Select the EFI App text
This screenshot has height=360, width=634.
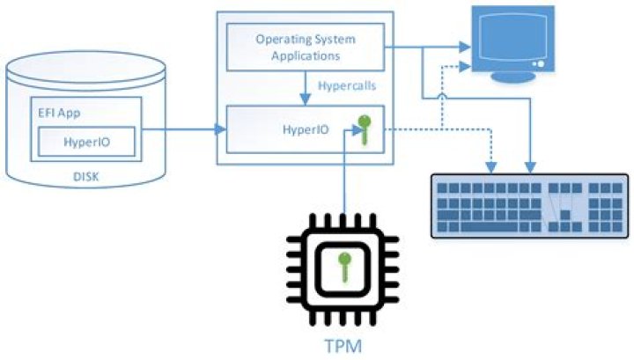click(x=59, y=114)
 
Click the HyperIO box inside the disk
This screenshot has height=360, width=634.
click(x=86, y=141)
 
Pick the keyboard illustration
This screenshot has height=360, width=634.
click(x=518, y=206)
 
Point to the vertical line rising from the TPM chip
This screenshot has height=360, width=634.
click(x=344, y=176)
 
